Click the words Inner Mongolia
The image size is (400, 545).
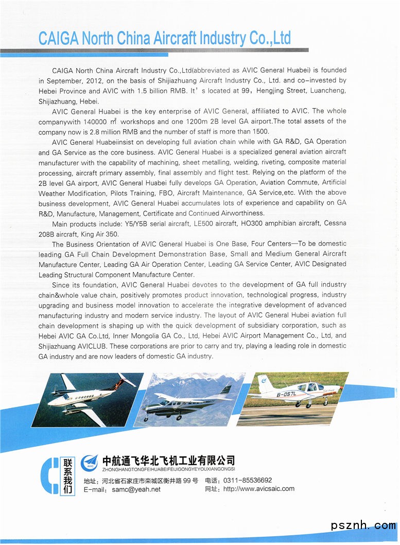pyautogui.click(x=135, y=336)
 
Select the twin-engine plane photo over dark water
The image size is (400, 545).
pyautogui.click(x=88, y=399)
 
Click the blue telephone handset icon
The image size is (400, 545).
pyautogui.click(x=49, y=475)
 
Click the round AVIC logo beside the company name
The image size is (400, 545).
pyautogui.click(x=90, y=461)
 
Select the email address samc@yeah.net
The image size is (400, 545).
pyautogui.click(x=136, y=489)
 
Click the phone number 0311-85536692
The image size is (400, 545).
pyautogui.click(x=248, y=480)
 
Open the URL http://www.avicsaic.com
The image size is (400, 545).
pyautogui.click(x=259, y=489)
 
